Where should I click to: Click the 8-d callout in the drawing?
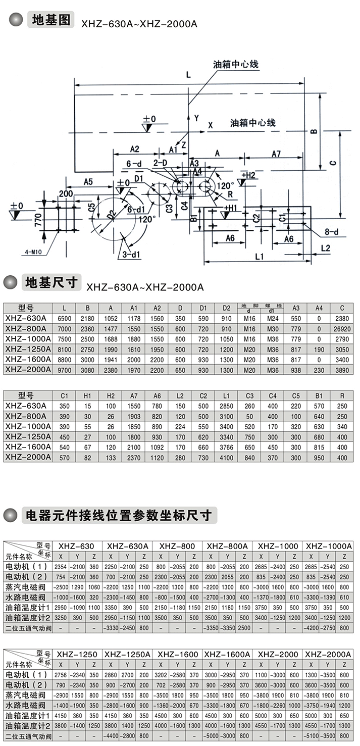click(x=332, y=231)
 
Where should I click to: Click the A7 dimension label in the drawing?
click(x=276, y=153)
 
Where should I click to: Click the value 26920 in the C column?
click(x=342, y=329)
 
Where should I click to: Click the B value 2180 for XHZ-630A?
click(x=87, y=319)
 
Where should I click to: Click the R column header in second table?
click(x=342, y=395)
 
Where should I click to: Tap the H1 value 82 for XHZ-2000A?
click(x=87, y=457)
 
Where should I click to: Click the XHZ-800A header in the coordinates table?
click(x=227, y=546)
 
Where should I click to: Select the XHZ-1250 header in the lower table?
click(x=78, y=654)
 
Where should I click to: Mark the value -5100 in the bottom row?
click(x=312, y=736)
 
